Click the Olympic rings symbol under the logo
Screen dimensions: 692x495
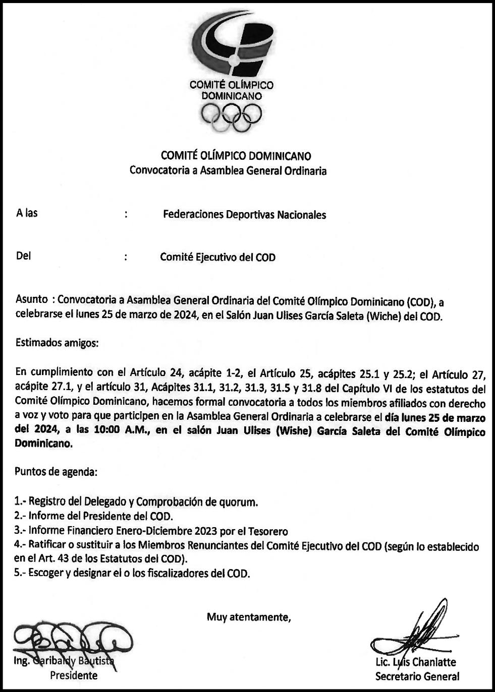pos(232,117)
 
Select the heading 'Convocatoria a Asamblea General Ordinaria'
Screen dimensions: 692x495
pos(228,170)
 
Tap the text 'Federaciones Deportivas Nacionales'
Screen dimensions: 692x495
pos(244,215)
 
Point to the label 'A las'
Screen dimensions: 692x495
pos(27,213)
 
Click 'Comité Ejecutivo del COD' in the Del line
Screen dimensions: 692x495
pos(217,257)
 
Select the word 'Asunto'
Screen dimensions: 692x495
pos(32,299)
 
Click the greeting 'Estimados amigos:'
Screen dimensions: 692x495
pos(57,343)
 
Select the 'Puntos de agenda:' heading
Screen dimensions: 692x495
pos(56,472)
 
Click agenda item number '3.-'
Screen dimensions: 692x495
pos(20,531)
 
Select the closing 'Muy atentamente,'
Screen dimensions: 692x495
pos(249,617)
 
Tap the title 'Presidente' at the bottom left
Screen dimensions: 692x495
pos(74,675)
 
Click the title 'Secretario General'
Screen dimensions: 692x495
pos(417,676)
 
